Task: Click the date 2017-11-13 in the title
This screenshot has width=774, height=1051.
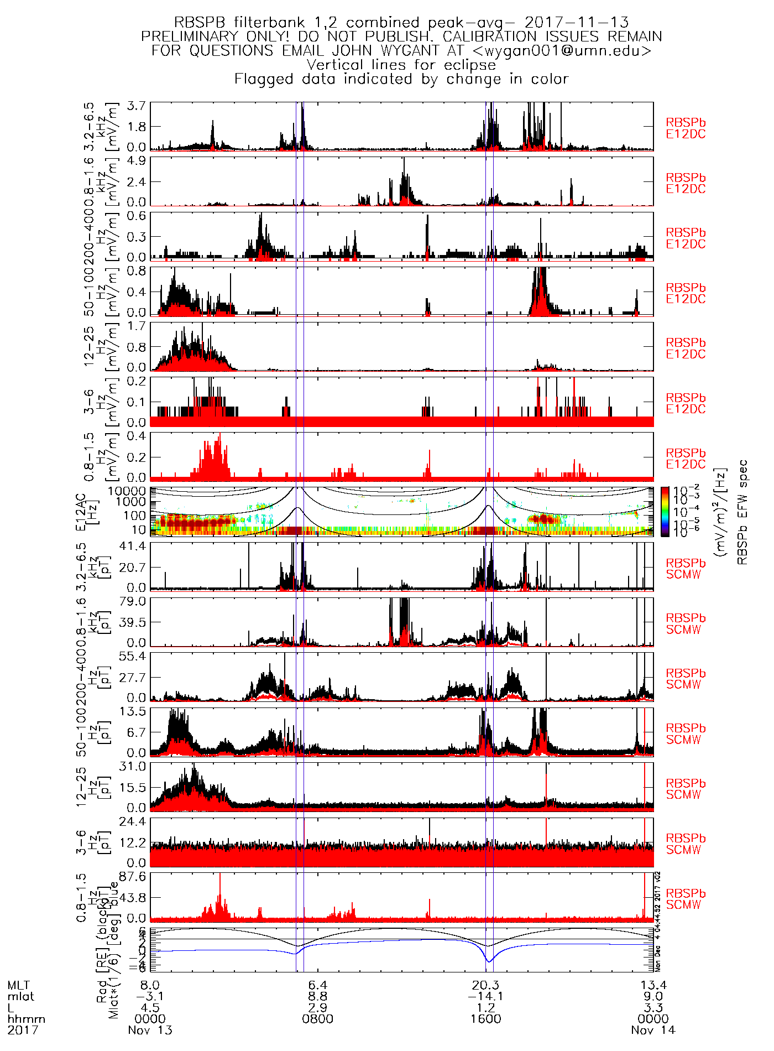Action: click(577, 23)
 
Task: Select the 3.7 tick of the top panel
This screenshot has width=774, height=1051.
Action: click(136, 106)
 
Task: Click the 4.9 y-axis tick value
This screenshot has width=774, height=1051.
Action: click(136, 160)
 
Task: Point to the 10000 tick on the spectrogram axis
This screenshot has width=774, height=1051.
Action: click(127, 491)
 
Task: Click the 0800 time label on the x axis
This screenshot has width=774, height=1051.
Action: click(318, 1018)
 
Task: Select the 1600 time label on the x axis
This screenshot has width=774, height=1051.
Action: click(486, 1018)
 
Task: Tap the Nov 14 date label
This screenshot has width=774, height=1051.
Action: click(653, 1030)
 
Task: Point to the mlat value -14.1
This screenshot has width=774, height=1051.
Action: click(486, 996)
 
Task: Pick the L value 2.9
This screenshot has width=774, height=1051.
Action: click(318, 1007)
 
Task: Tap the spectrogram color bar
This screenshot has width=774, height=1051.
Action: click(665, 512)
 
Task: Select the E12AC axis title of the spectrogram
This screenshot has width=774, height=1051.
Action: click(81, 512)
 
